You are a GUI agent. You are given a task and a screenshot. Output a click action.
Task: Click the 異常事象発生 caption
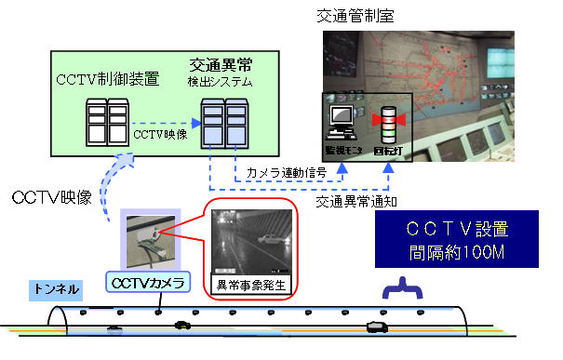(x=248, y=283)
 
